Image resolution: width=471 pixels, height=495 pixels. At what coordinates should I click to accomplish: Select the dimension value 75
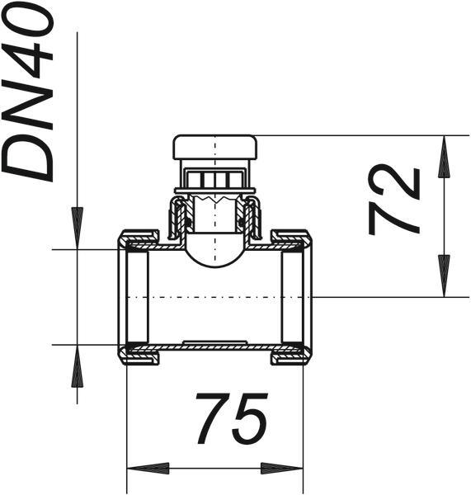[x=232, y=418]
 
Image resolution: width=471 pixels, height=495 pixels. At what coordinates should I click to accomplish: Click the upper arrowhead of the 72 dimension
[x=444, y=156]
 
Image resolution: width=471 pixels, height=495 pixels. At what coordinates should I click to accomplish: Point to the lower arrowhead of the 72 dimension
[x=444, y=276]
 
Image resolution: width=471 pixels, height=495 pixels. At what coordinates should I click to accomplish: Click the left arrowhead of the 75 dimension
[x=148, y=468]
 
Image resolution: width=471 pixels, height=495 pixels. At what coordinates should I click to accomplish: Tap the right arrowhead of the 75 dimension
[x=282, y=468]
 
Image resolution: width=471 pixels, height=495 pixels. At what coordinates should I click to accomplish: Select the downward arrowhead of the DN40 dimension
[x=77, y=229]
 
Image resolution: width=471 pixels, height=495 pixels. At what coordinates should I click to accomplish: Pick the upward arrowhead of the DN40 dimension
[x=77, y=365]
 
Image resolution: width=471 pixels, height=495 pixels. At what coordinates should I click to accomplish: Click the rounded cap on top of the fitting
[x=215, y=147]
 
